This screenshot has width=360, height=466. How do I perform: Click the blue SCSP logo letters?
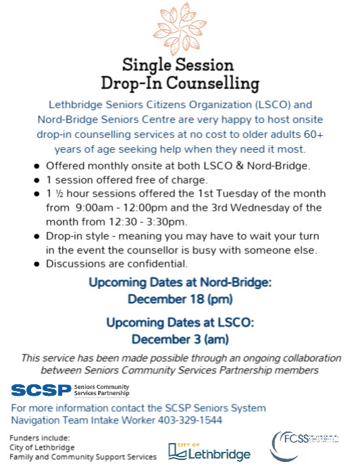pos(41,390)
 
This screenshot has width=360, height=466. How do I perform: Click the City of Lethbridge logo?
pos(209,451)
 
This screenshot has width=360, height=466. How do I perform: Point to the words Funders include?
pos(40,438)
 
